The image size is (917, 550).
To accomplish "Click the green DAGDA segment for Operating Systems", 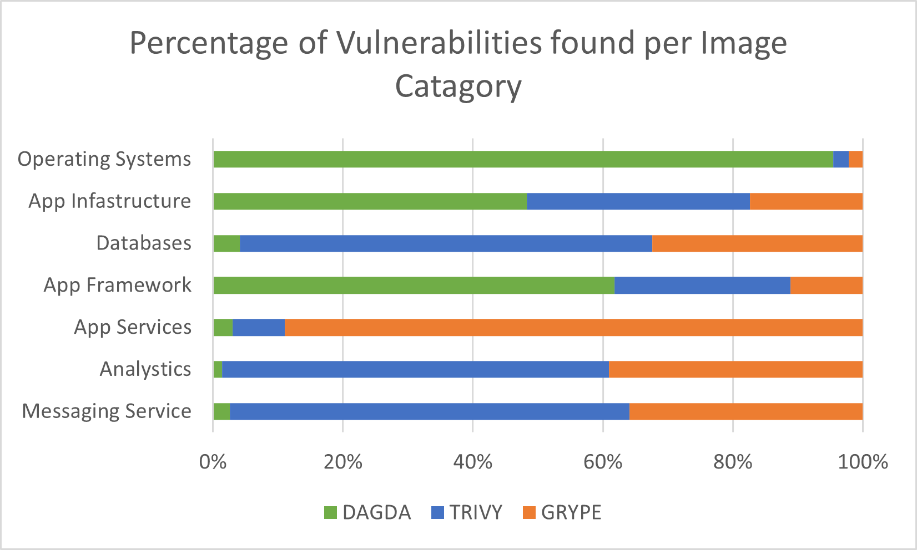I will click(x=523, y=159).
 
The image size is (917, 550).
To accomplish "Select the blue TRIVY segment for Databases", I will click(x=446, y=243).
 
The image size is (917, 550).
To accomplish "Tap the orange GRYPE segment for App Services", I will click(x=573, y=328).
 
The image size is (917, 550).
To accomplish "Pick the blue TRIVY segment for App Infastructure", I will click(x=638, y=201).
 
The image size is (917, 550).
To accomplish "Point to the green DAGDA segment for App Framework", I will click(x=414, y=286).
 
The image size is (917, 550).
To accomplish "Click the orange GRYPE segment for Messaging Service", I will click(x=746, y=412).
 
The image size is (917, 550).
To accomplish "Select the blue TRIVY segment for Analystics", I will click(x=415, y=370).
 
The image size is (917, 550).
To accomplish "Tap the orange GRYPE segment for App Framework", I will click(x=827, y=286).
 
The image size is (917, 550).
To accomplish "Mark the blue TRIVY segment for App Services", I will click(x=259, y=328).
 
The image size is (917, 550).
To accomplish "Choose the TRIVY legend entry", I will click(x=467, y=512).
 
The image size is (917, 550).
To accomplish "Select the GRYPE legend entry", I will click(x=562, y=512).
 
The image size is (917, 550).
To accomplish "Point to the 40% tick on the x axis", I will click(x=473, y=461).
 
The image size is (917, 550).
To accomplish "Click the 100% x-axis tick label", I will click(x=863, y=461).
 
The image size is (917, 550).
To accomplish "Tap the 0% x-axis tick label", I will click(x=213, y=461).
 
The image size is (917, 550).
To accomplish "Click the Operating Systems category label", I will click(x=104, y=159).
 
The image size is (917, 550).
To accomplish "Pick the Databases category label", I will click(x=144, y=243).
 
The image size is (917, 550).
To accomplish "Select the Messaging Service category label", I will click(x=107, y=412).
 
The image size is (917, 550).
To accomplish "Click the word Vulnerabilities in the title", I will click(x=439, y=43).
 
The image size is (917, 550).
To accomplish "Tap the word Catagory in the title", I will click(x=458, y=86).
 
